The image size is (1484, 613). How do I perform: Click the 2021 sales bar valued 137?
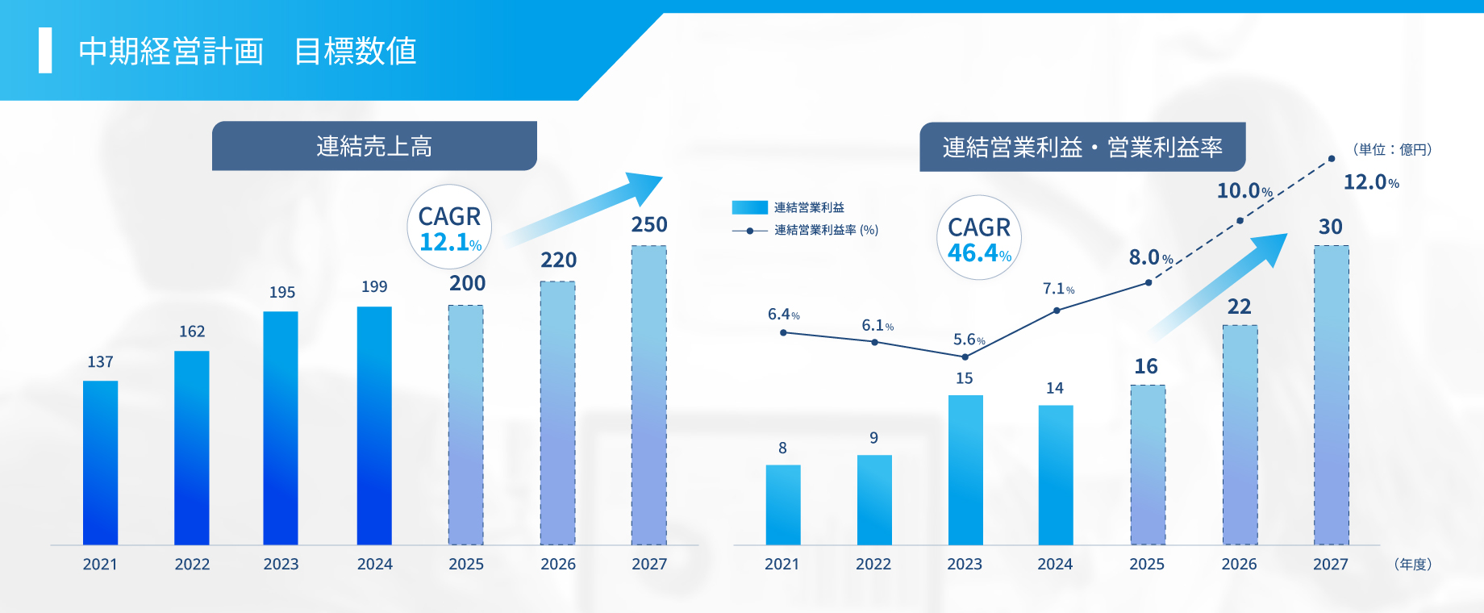point(100,463)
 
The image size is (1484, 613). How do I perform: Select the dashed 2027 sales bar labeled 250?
point(648,395)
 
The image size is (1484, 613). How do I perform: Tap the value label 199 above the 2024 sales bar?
point(374,287)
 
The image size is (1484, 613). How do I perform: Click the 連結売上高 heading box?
point(374,146)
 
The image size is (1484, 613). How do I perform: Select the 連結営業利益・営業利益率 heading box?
point(1082,147)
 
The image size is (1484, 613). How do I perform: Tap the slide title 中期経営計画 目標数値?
point(247,51)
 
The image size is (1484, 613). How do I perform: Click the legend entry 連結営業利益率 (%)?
point(826,231)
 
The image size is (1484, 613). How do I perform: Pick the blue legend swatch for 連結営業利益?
point(749,208)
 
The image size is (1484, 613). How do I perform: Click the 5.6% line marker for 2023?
point(965,357)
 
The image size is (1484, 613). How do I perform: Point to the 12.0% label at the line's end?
point(1370,182)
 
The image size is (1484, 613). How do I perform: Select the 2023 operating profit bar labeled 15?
point(965,469)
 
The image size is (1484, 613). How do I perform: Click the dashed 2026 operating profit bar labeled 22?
point(1240,436)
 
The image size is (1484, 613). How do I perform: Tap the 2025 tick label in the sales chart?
point(466,565)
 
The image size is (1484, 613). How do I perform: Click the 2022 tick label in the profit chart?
point(873,565)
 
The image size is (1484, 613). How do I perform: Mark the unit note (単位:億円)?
point(1391,150)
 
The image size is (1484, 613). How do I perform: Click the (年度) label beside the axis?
point(1412,565)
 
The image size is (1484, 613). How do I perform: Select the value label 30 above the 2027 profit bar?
point(1330,227)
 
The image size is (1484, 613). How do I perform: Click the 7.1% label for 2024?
point(1058,289)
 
